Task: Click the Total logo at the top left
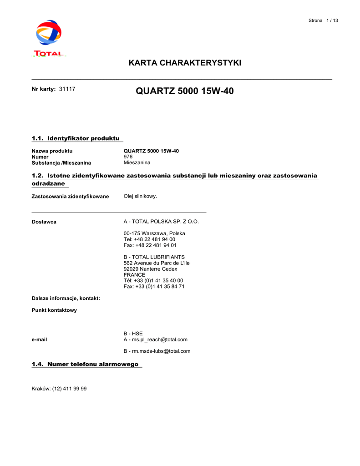[49, 38]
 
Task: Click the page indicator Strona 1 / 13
[323, 20]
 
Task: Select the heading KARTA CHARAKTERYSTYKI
[185, 63]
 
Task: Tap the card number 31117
[67, 89]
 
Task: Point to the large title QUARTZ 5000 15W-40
[185, 91]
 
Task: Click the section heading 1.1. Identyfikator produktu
[76, 138]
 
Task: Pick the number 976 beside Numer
[128, 157]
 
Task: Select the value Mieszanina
[137, 162]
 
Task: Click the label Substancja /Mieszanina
[61, 163]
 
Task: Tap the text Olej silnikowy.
[140, 196]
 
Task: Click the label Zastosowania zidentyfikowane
[70, 197]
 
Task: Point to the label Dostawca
[44, 222]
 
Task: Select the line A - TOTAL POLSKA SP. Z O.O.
[161, 222]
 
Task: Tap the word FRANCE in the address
[135, 275]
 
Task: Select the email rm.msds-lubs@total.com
[157, 351]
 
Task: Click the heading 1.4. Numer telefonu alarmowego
[85, 364]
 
